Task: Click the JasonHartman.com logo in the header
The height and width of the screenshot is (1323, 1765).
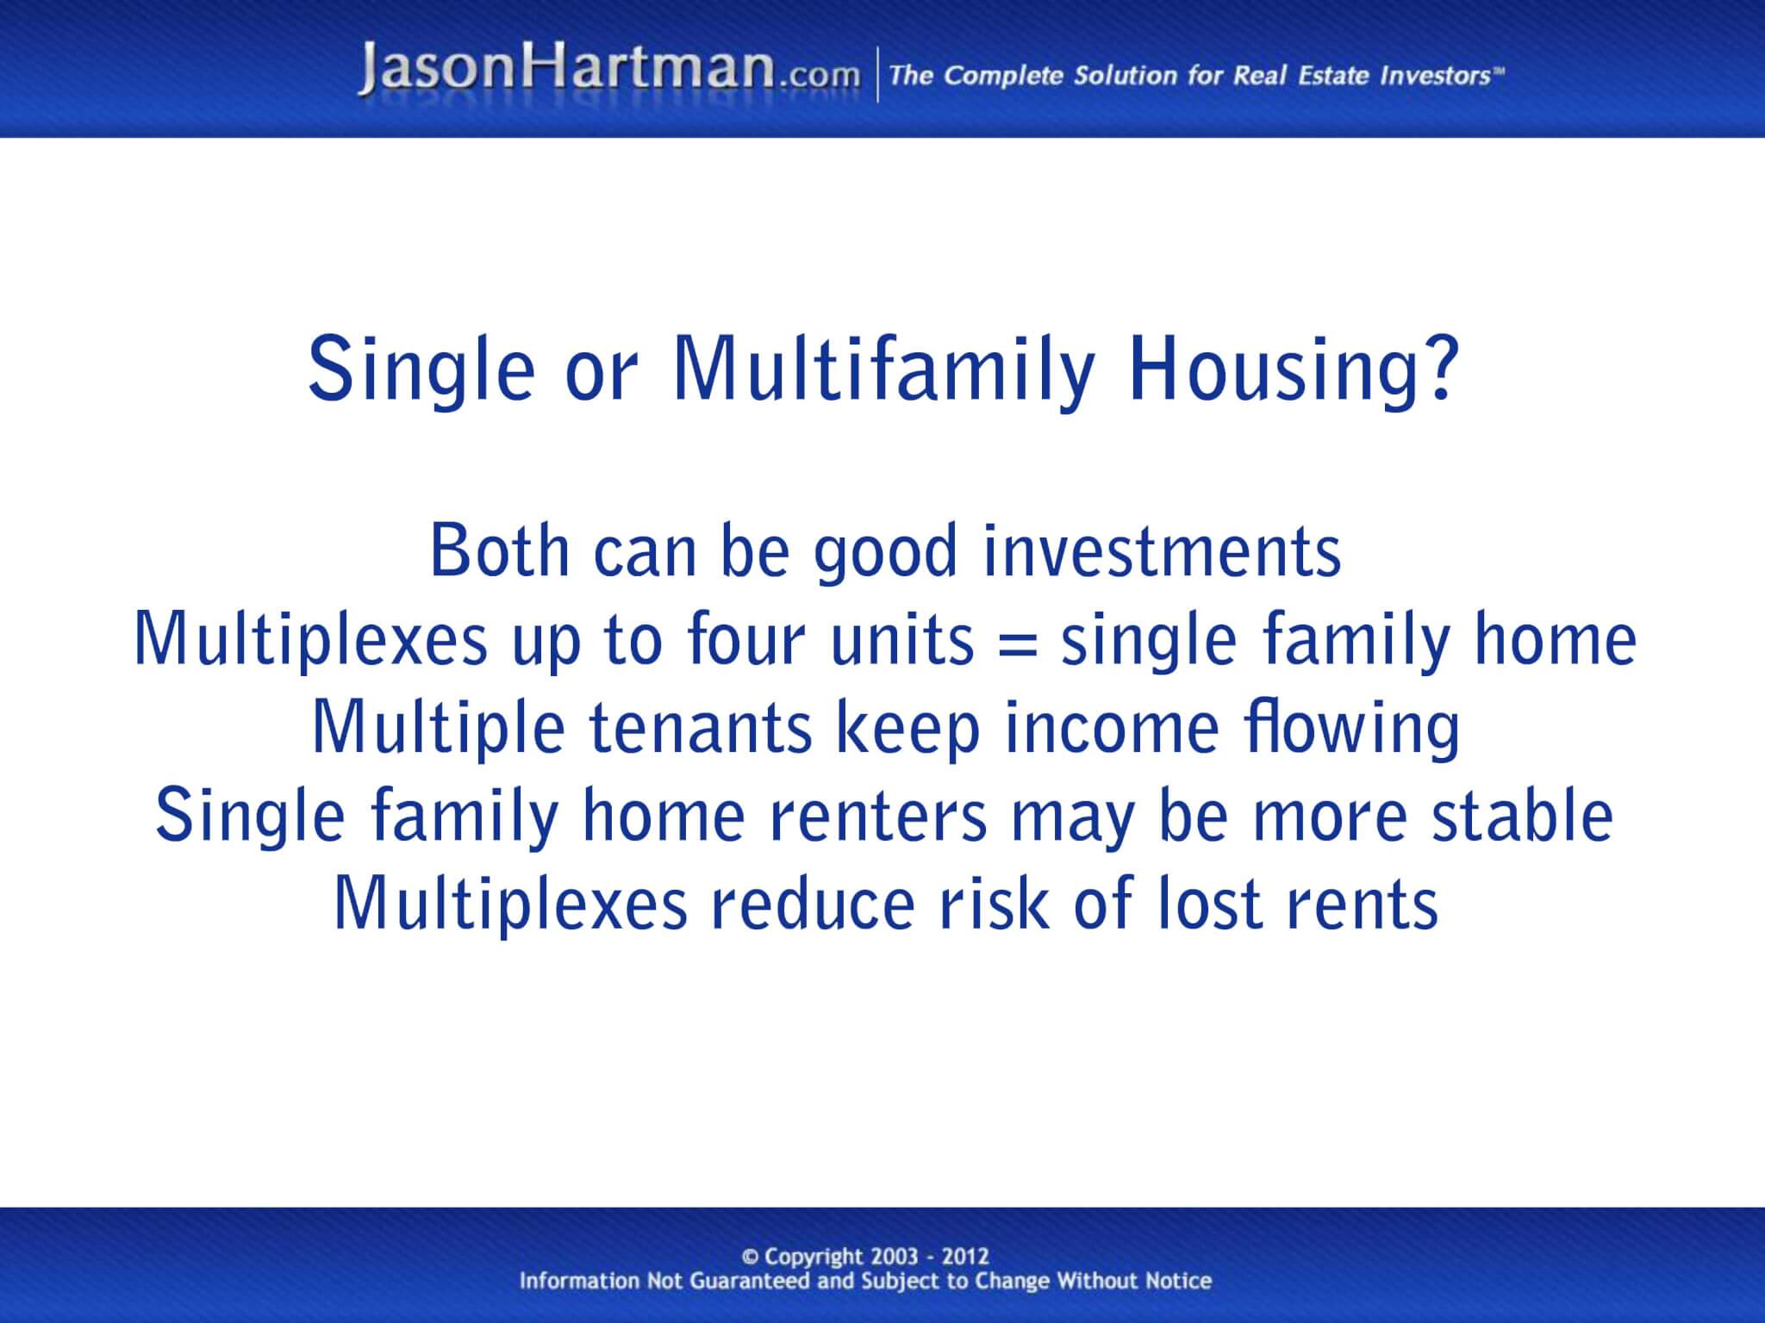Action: click(608, 71)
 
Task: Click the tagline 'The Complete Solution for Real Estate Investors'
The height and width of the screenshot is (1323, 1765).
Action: click(1196, 76)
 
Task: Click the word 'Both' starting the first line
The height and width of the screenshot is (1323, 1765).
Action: click(500, 551)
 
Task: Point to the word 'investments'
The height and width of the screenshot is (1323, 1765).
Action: click(1162, 551)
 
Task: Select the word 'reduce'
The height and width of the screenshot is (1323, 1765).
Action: click(812, 904)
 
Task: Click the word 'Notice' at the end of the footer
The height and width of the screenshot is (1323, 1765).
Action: click(1177, 1281)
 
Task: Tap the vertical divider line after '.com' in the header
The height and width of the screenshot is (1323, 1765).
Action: click(878, 76)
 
